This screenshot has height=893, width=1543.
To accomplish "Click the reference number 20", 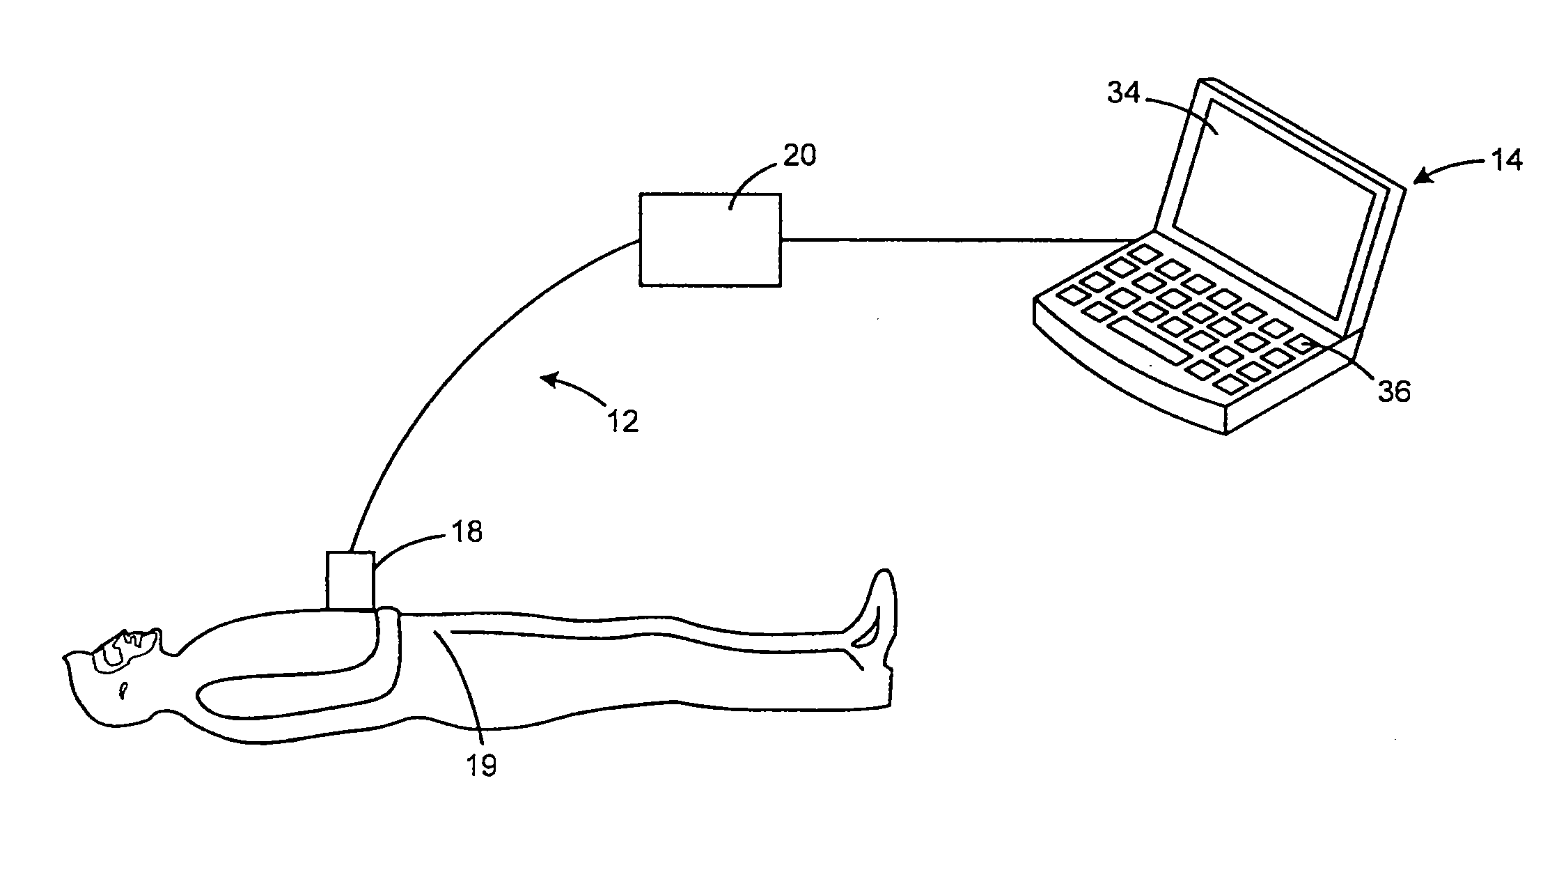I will tap(799, 155).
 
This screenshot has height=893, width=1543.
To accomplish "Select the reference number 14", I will tap(1506, 161).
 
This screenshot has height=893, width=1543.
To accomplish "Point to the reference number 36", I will tap(1394, 392).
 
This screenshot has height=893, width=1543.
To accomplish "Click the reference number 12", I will tap(623, 421).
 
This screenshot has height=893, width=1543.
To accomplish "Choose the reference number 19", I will tap(482, 766).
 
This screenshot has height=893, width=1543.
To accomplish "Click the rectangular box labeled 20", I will tap(710, 240).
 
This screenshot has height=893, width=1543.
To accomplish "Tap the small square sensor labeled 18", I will tap(350, 580).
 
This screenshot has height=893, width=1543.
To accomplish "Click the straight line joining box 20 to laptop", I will tap(954, 240).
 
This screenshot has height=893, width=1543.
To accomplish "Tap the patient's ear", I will tap(124, 690).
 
